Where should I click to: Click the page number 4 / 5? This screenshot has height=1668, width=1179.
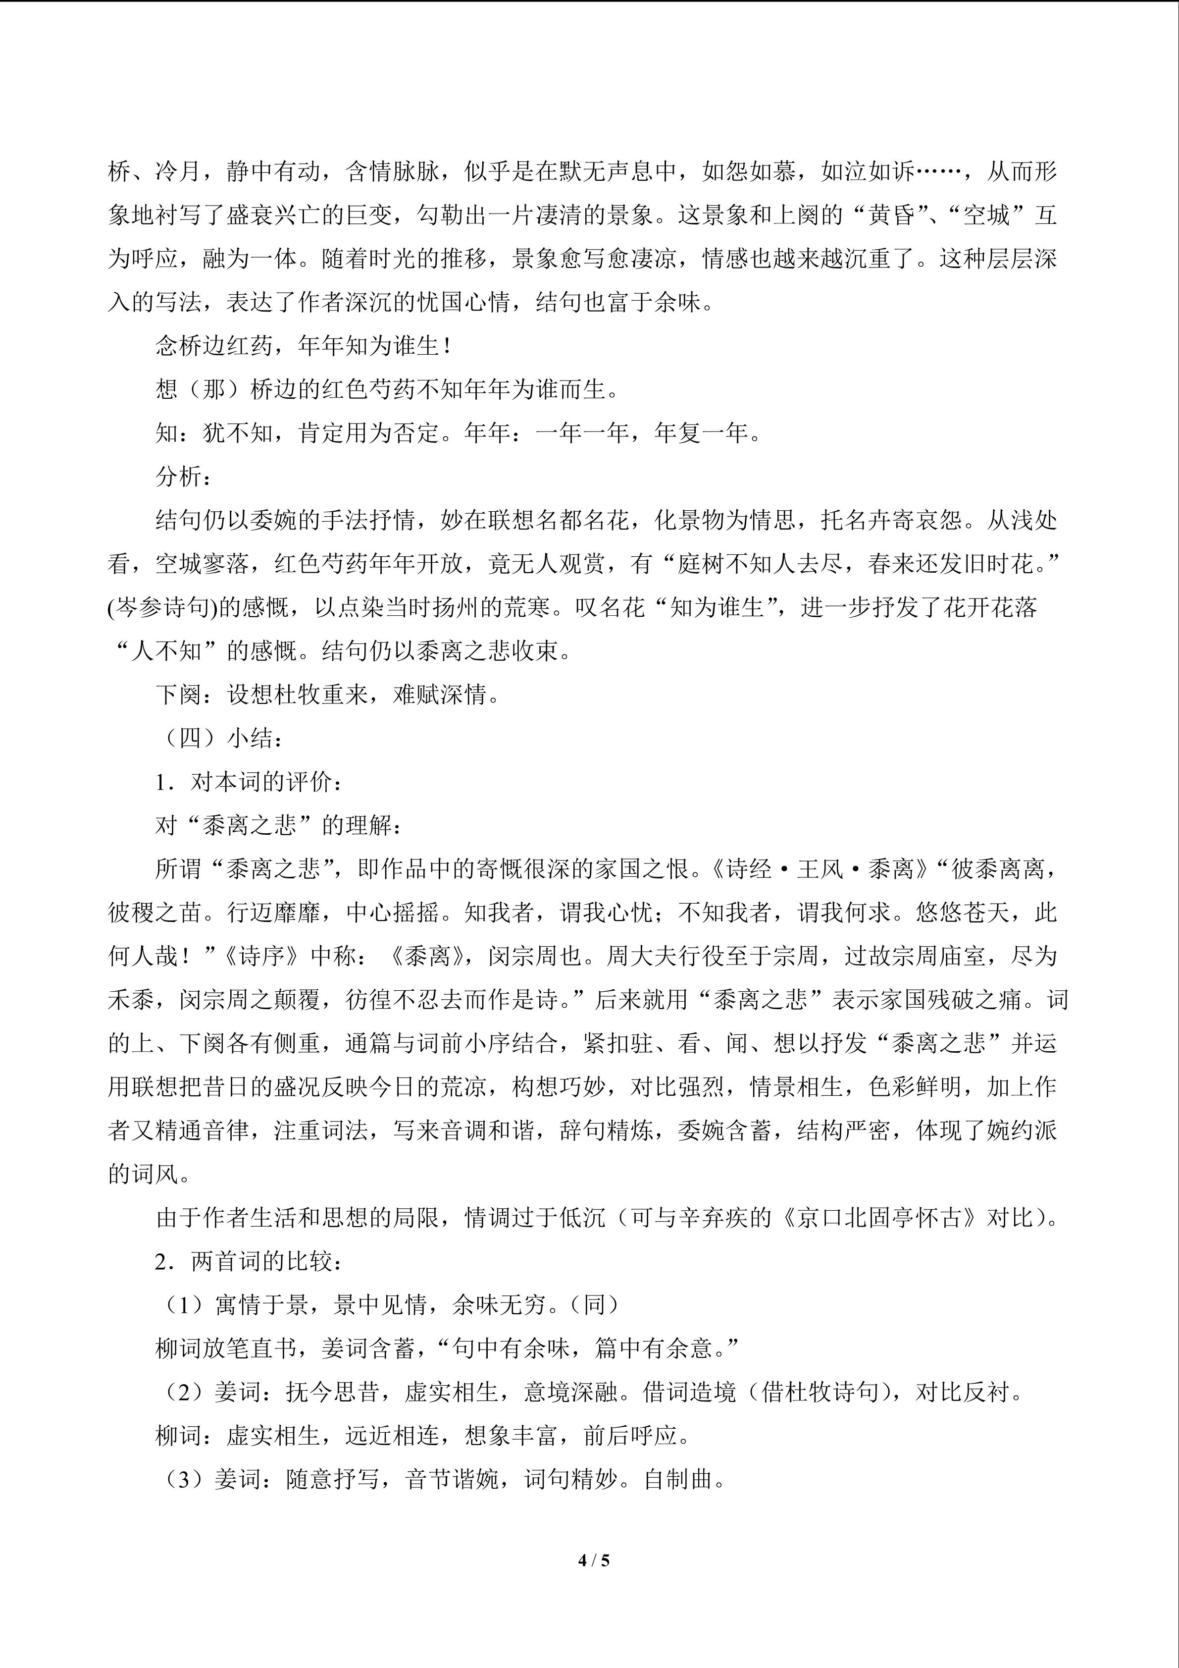coord(593,1560)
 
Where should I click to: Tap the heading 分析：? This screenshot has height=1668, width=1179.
coord(184,477)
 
